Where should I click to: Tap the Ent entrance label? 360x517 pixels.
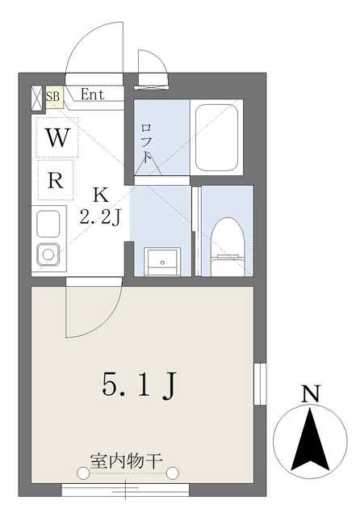93,95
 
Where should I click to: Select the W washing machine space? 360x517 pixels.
57,137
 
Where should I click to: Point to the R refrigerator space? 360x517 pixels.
56,180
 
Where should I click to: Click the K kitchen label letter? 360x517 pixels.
100,195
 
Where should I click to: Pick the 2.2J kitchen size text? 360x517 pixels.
100,217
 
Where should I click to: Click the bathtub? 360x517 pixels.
216,137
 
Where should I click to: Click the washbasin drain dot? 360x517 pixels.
162,263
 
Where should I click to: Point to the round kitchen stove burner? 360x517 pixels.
48,254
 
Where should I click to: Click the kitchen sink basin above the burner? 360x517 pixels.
48,224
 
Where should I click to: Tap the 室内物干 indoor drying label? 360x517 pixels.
127,461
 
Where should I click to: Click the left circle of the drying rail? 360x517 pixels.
82,473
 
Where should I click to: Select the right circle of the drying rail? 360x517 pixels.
172,473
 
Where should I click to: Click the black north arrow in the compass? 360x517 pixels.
310,439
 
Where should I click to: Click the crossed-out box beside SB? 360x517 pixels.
37,98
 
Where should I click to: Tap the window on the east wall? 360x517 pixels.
260,384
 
